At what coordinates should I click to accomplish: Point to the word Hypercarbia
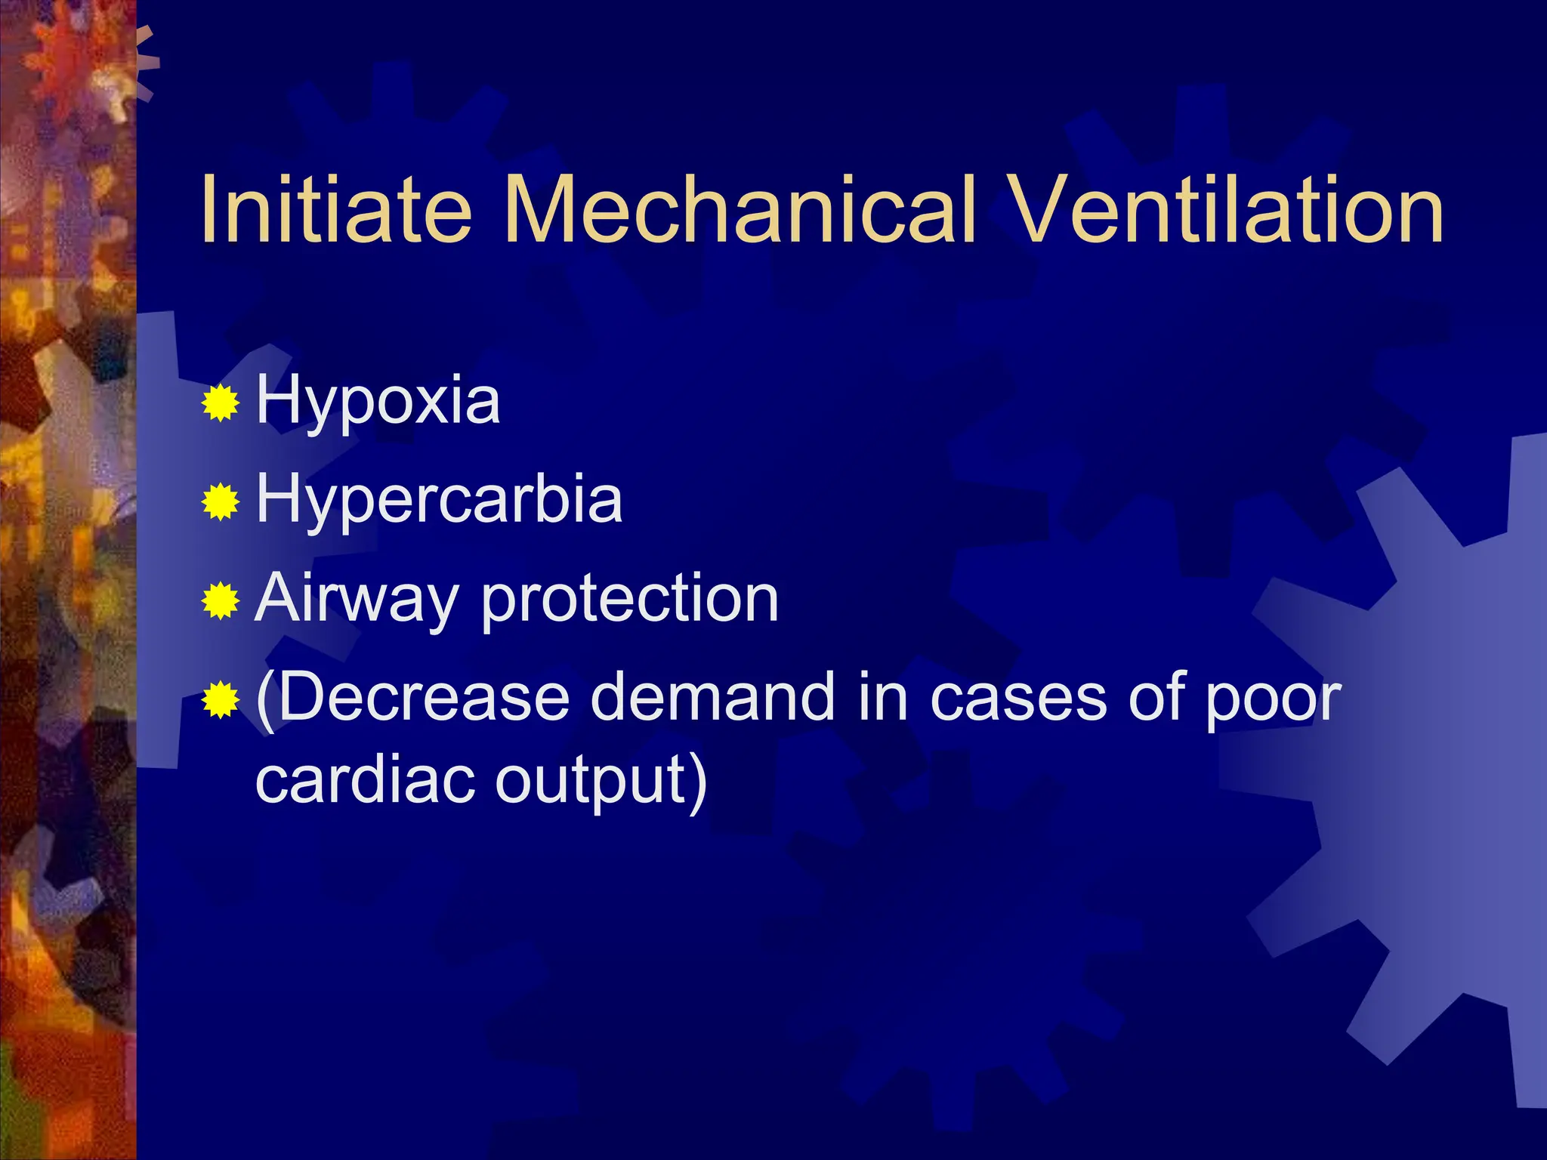point(440,499)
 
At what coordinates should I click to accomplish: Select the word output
point(589,781)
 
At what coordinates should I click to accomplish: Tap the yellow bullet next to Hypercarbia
point(221,502)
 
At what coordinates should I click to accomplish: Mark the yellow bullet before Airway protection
point(221,601)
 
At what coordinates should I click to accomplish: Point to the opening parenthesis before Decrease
point(265,699)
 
